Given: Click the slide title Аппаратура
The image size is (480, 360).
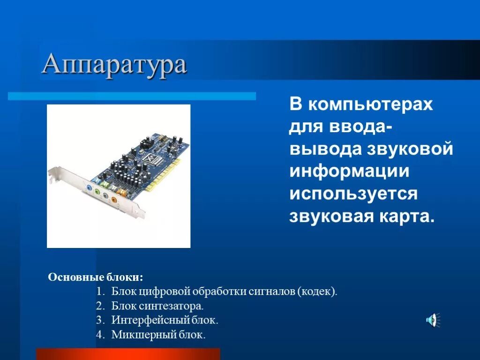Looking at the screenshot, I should [114, 65].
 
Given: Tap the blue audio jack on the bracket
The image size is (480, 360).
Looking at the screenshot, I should [88, 187].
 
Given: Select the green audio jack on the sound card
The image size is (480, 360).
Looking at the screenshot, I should [97, 191].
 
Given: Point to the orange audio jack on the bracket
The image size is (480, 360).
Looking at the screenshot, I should [113, 200].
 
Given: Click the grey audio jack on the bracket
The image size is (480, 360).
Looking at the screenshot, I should [105, 195].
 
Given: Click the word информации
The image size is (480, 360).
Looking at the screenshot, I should [349, 172].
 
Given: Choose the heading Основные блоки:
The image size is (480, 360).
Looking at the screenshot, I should [95, 277].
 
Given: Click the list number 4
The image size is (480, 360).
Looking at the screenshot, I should [99, 335].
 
